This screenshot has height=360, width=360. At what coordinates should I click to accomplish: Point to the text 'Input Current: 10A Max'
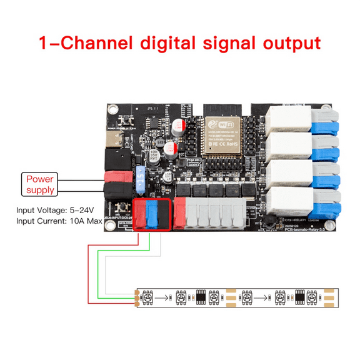click(x=60, y=221)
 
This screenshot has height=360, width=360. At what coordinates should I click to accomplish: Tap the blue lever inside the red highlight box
click(x=152, y=216)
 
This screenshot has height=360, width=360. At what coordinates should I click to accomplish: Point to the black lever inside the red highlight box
click(x=164, y=216)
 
